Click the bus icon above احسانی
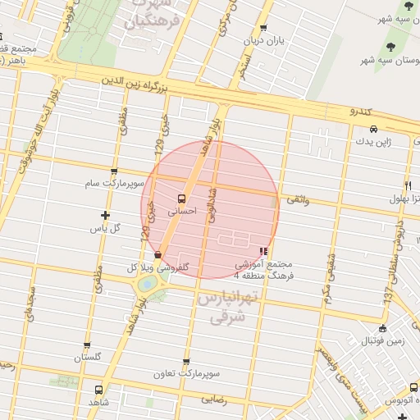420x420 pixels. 181,198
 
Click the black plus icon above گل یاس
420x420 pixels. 105,215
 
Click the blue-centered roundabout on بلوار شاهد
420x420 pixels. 148,283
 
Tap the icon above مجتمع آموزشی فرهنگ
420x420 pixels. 263,251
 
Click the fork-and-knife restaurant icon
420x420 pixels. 408,185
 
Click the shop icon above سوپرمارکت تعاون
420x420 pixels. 186,361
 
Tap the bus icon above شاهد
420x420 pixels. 98,390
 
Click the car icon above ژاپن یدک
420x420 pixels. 373,129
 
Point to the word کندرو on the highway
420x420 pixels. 361,110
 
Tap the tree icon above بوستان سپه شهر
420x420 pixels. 387,47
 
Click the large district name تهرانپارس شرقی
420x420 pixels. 223,305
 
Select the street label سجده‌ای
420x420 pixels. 31,302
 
